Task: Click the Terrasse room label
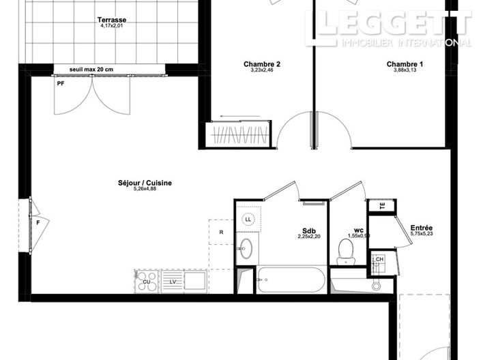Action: coord(113,20)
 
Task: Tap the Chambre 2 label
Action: coord(262,65)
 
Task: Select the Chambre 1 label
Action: coord(405,65)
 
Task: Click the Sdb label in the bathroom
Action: coord(308,230)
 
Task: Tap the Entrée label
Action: coord(421,228)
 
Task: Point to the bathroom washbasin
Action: coord(246,247)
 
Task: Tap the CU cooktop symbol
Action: coord(147,281)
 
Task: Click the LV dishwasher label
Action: coord(173,281)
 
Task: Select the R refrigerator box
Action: coord(222,232)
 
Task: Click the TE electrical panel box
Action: coord(381,205)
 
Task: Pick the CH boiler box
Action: coord(379,260)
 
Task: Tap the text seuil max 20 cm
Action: coord(91,70)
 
